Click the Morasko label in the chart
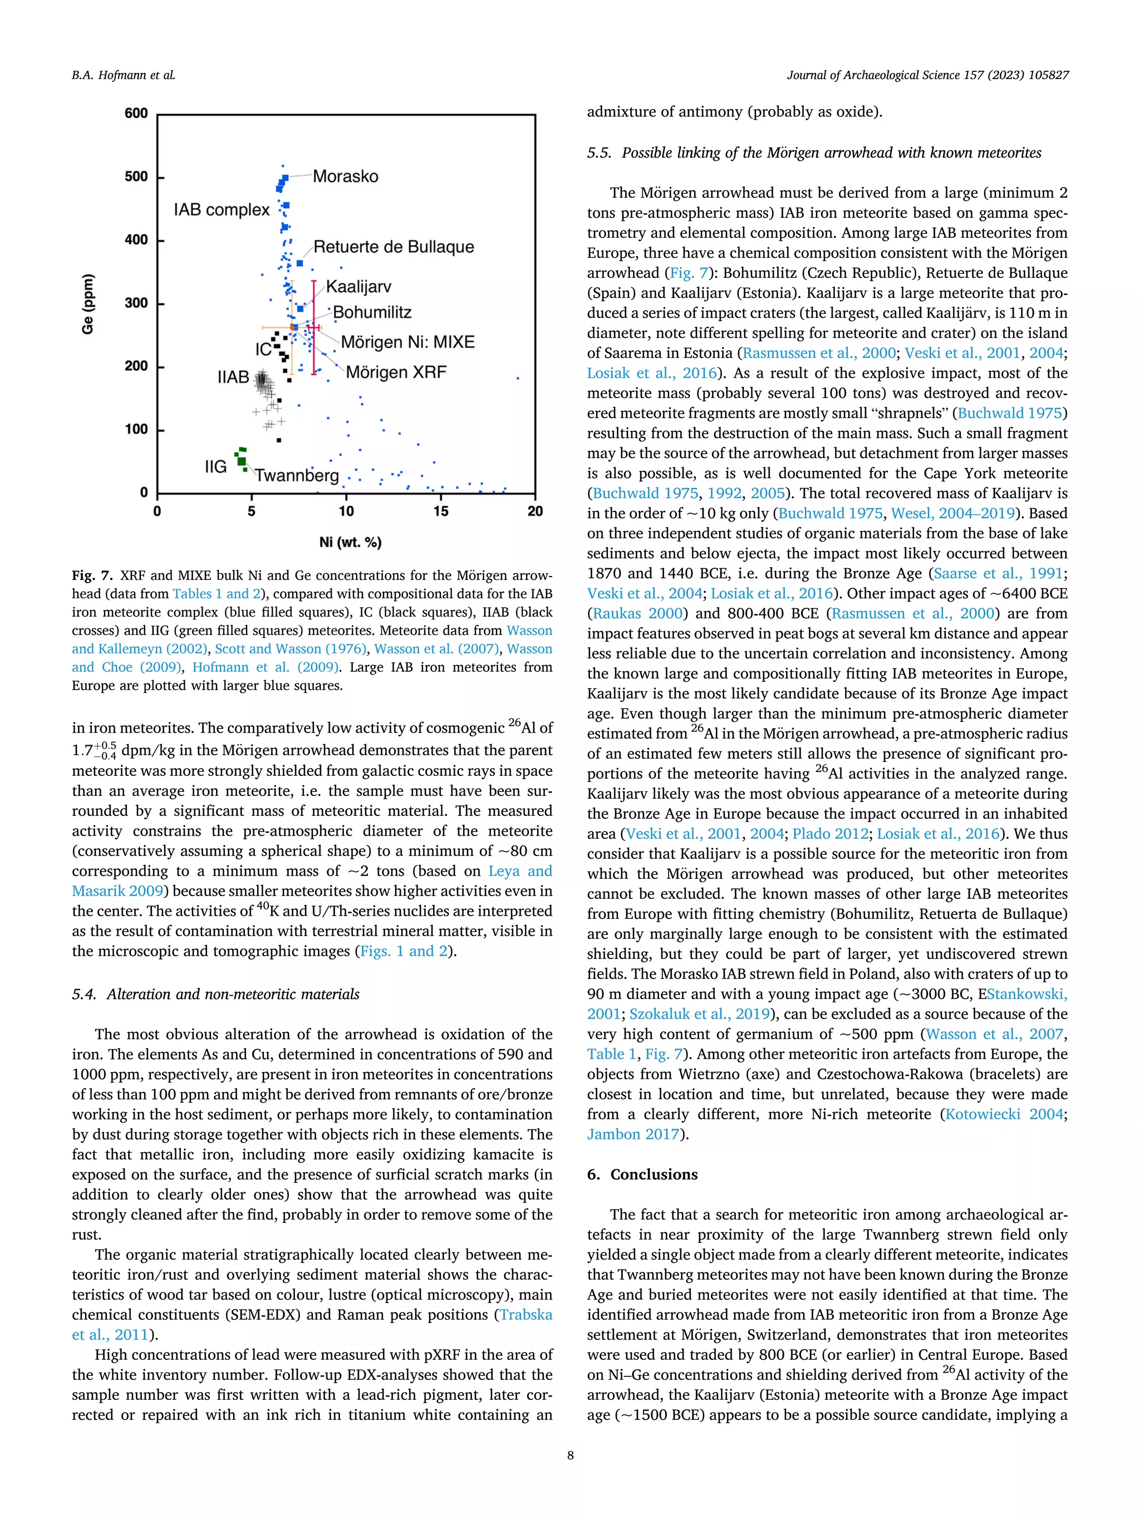point(345,176)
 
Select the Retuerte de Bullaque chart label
point(393,247)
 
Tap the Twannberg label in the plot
point(297,475)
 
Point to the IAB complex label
point(222,210)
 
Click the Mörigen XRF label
point(396,372)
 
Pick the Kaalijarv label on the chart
point(358,287)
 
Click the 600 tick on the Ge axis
point(136,114)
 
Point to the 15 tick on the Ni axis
point(440,511)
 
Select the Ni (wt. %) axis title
point(351,542)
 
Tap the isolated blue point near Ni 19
point(518,378)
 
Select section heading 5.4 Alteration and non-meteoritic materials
point(216,995)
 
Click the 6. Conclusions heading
point(642,1174)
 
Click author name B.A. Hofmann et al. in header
point(124,76)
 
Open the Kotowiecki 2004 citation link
point(1003,1114)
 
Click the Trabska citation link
point(525,1315)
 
